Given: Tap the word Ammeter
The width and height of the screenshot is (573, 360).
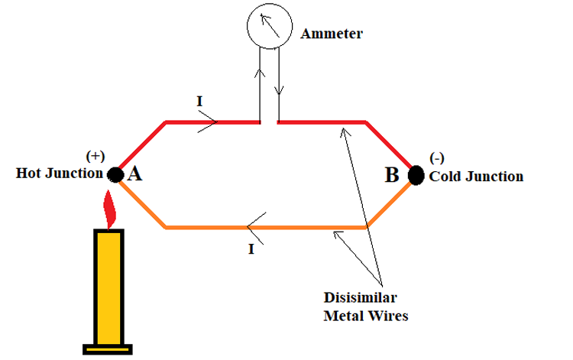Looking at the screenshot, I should point(331,34).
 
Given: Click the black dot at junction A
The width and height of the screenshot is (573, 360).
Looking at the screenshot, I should point(115,175).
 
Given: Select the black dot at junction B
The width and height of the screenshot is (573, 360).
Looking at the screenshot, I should point(416,175).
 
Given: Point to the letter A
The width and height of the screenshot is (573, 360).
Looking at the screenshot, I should point(134,174).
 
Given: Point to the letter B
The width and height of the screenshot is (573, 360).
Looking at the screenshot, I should point(392,175).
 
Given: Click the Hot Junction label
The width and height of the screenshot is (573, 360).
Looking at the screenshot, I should point(59,174).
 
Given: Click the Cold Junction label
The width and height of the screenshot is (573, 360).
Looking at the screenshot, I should point(476,177).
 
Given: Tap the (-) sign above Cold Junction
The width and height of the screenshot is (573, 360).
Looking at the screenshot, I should point(437,158).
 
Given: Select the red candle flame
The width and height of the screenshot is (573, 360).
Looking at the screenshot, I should point(111,209).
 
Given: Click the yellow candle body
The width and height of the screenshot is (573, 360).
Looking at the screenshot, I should point(109,287).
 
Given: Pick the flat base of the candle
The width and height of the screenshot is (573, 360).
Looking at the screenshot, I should point(109,350).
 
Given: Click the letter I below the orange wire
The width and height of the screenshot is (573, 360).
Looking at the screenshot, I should point(251,250).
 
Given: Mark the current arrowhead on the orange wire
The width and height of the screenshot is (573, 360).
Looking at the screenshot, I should point(254,227).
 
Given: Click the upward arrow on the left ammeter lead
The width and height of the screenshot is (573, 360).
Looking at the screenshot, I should point(261,75).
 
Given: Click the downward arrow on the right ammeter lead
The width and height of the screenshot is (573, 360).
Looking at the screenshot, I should point(279,89).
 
